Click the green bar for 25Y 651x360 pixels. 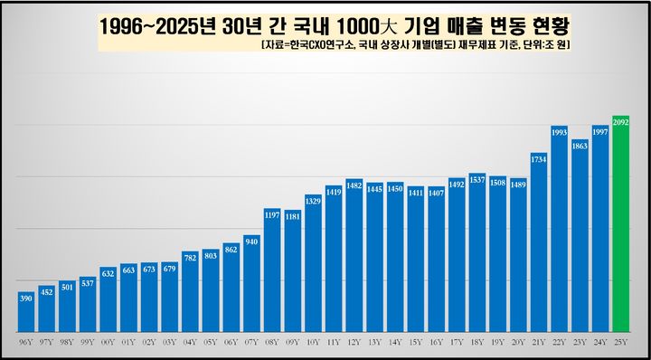click(x=620, y=226)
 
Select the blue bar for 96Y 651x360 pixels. click(x=26, y=312)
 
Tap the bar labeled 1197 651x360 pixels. click(x=272, y=271)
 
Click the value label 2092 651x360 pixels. click(x=620, y=121)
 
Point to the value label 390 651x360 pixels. click(x=26, y=298)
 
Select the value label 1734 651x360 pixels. click(x=539, y=159)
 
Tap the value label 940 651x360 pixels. click(x=251, y=241)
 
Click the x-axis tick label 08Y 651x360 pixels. click(x=272, y=343)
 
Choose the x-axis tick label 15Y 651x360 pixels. click(x=416, y=343)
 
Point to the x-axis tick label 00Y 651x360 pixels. click(x=108, y=343)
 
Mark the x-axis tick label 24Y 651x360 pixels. click(x=599, y=343)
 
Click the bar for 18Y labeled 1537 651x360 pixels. click(x=477, y=253)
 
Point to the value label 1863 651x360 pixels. click(x=580, y=145)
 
